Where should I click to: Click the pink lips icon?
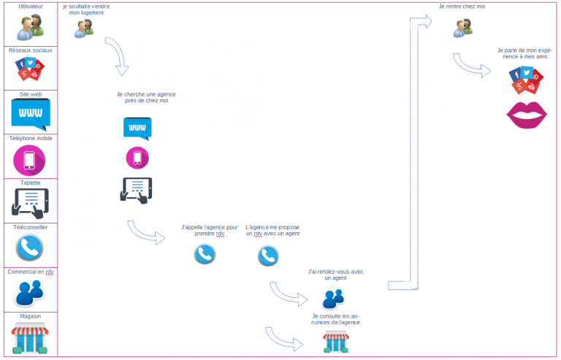click(527, 115)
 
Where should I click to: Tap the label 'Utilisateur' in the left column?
click(30, 6)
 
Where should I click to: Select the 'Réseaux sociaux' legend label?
click(30, 50)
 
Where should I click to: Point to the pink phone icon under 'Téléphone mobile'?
click(30, 160)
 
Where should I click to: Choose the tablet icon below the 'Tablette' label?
click(30, 203)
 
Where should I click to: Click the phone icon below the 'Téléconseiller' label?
click(30, 248)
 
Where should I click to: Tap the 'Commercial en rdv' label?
click(30, 272)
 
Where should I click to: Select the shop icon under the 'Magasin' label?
click(30, 339)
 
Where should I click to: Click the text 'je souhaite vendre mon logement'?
click(86, 9)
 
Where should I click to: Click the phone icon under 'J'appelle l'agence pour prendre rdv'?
click(205, 254)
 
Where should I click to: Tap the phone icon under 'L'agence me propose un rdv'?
click(268, 255)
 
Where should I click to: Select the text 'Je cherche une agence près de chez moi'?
click(146, 97)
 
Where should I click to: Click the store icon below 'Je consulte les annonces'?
click(336, 341)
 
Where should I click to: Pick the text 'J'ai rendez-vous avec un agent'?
click(335, 275)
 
